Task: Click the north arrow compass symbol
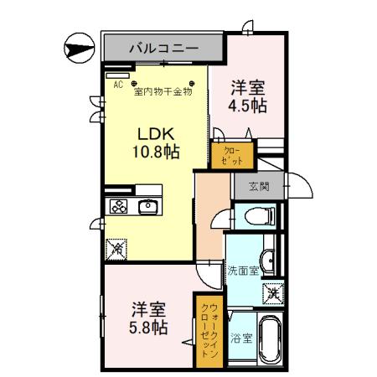[78, 47]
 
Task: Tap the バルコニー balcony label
[163, 48]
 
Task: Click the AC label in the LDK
[118, 85]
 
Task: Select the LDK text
[154, 133]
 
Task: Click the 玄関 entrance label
[259, 186]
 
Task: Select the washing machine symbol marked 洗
[273, 294]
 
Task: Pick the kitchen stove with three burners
[118, 207]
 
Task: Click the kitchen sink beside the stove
[149, 207]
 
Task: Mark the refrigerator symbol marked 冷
[118, 248]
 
